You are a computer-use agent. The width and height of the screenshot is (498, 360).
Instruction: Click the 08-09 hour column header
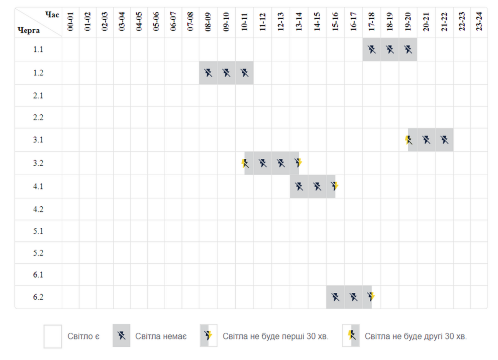(x=208, y=22)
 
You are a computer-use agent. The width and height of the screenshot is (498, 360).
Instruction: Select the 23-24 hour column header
(x=479, y=22)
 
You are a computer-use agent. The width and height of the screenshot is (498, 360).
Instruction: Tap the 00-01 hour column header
(x=70, y=22)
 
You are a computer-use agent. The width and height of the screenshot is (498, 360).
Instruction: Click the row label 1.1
(x=38, y=50)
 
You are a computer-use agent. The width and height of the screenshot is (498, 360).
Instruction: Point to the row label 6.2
(x=38, y=297)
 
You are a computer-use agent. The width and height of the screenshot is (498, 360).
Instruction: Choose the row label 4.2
(x=38, y=209)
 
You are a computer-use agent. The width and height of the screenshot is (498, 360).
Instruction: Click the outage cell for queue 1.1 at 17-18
(x=372, y=50)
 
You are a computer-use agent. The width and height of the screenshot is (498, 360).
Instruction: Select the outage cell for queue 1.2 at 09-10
(x=226, y=73)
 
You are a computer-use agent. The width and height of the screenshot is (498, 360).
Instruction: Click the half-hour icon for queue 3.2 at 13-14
(x=298, y=163)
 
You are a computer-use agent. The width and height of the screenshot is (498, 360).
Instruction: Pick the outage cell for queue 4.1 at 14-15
(x=317, y=186)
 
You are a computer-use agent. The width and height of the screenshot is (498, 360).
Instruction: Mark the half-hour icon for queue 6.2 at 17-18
(x=371, y=297)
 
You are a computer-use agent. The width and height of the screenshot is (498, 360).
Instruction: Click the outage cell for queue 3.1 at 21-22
(x=444, y=140)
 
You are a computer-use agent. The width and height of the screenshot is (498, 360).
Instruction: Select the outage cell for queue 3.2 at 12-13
(x=281, y=163)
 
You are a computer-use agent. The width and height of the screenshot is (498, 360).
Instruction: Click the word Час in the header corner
(x=52, y=15)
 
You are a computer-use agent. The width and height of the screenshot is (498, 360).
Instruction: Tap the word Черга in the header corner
(x=28, y=30)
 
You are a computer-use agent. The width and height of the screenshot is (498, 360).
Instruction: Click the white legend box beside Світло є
(x=53, y=336)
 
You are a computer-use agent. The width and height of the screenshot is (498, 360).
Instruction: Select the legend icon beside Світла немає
(x=121, y=336)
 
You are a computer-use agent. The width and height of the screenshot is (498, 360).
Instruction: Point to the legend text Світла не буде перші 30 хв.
(x=275, y=336)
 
